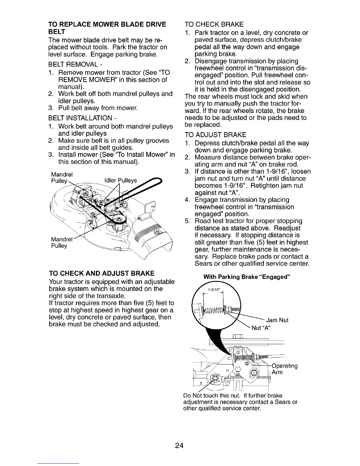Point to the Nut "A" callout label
coord(261,328)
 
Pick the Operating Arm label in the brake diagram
coord(284,369)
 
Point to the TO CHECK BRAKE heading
coord(214,24)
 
